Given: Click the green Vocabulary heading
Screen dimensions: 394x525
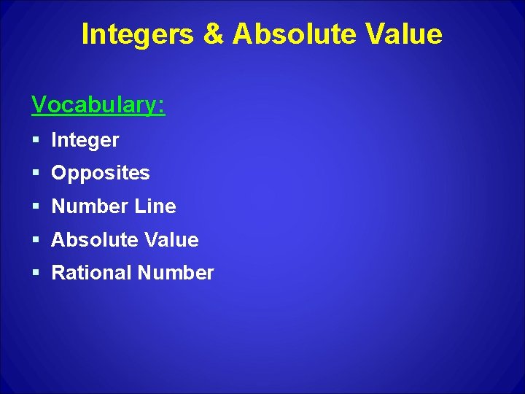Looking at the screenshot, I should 98,106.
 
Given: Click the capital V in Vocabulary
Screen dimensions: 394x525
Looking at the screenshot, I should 39,106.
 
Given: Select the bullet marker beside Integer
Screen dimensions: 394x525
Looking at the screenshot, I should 36,140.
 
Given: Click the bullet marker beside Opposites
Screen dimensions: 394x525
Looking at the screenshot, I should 36,174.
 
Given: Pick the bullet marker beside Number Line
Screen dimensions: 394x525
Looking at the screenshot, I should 36,207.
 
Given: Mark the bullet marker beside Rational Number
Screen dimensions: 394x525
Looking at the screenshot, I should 36,274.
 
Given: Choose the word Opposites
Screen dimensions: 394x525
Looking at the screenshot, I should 101,174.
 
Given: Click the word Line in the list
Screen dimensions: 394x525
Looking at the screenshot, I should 155,206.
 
